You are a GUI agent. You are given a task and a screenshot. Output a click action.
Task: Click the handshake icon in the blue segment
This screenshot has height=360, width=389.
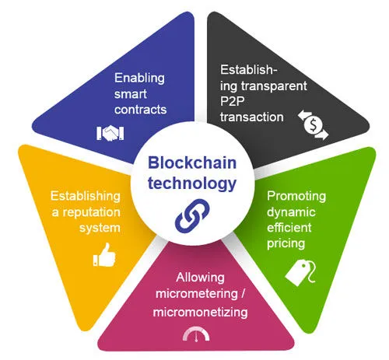(x=110, y=133)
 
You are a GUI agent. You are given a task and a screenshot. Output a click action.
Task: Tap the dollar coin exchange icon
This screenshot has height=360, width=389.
(x=314, y=125)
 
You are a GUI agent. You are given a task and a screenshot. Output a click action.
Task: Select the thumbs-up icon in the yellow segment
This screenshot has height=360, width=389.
(x=104, y=255)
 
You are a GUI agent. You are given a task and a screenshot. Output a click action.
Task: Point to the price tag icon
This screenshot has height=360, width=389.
(x=301, y=273)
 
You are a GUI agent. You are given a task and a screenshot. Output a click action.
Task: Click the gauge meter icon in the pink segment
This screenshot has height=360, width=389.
(x=196, y=334)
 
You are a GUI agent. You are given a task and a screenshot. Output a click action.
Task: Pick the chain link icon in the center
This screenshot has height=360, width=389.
(x=192, y=215)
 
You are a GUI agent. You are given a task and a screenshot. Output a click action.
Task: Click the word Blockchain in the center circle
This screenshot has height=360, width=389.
(x=192, y=163)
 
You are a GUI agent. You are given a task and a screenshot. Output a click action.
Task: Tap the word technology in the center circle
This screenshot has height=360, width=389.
(x=192, y=183)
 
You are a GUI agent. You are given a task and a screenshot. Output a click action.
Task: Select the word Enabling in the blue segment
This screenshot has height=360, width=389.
(x=139, y=78)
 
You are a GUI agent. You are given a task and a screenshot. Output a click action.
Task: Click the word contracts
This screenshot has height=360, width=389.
(x=141, y=110)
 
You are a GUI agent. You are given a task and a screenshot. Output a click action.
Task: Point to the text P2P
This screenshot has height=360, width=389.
(x=233, y=101)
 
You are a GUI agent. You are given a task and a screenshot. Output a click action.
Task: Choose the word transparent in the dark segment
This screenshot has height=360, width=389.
(x=274, y=86)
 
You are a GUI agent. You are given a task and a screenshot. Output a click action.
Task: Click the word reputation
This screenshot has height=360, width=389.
(x=92, y=212)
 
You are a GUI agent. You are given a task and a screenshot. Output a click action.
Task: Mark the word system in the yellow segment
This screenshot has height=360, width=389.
(x=100, y=228)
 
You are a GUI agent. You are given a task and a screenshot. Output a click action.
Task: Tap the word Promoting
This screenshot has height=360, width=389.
(x=296, y=196)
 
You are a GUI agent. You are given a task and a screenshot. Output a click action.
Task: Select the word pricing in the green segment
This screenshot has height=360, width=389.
(x=286, y=243)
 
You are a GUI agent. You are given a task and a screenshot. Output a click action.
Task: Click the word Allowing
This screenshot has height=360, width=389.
(x=200, y=278)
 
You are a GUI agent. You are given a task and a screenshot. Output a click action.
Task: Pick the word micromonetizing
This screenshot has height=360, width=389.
(x=200, y=312)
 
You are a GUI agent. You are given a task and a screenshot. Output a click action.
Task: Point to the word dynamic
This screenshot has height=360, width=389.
(x=291, y=212)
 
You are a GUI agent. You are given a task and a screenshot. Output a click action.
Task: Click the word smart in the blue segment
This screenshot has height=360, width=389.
(x=131, y=94)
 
